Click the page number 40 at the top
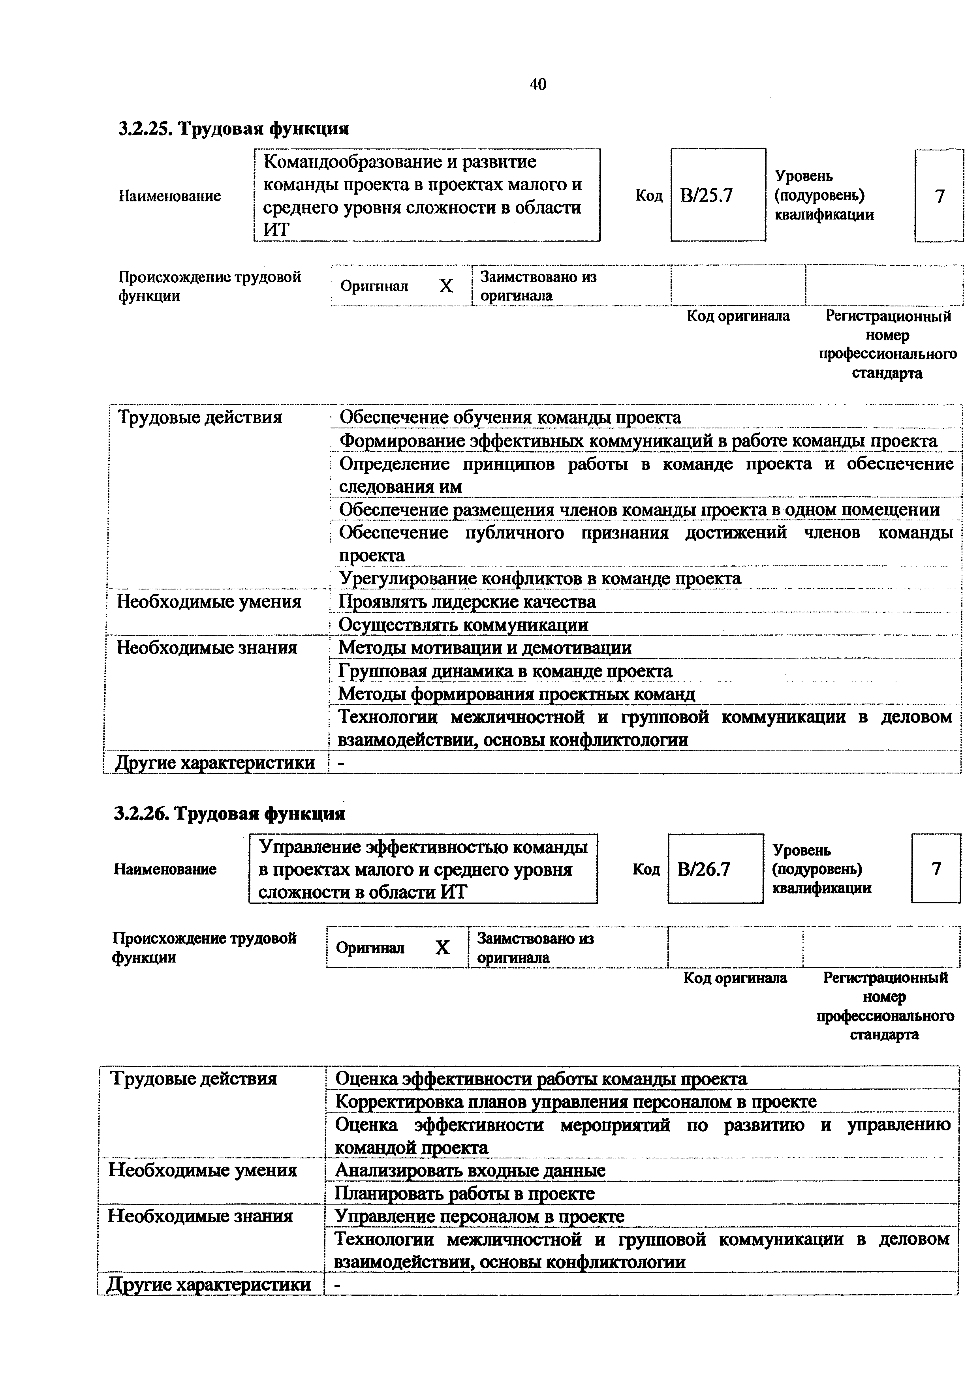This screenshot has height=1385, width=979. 537,84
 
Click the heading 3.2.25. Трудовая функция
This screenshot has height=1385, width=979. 233,128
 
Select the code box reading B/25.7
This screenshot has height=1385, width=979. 718,195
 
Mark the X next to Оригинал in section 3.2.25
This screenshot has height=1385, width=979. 446,286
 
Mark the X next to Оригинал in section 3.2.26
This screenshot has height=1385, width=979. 442,948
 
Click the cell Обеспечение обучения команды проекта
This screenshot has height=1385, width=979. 510,417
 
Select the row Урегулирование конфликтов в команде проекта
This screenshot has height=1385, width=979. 540,578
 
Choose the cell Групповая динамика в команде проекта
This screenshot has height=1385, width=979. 505,671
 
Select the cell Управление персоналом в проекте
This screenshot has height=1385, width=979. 479,1216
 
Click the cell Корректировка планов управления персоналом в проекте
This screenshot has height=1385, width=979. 575,1102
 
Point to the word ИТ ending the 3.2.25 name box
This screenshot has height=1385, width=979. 276,230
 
